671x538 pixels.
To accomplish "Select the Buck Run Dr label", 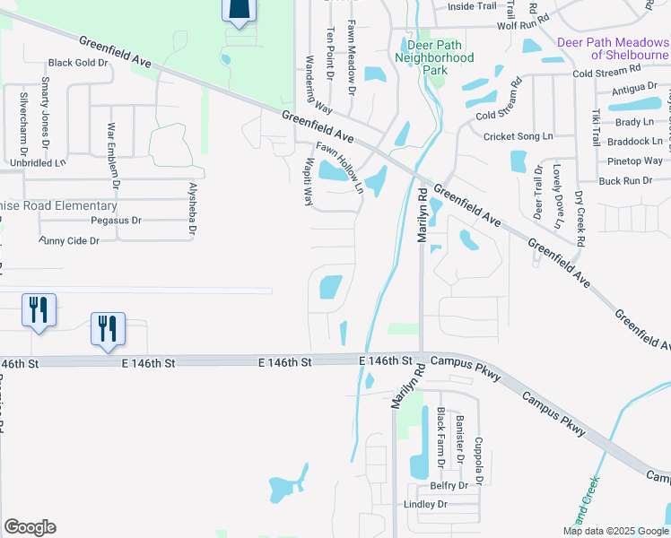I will tap(625, 180).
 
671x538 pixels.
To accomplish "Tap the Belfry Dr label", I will tap(450, 485).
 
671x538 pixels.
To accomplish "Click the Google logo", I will tap(30, 526).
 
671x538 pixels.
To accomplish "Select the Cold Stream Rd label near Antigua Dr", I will tap(606, 68).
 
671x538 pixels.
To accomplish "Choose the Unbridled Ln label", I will tap(38, 163).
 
